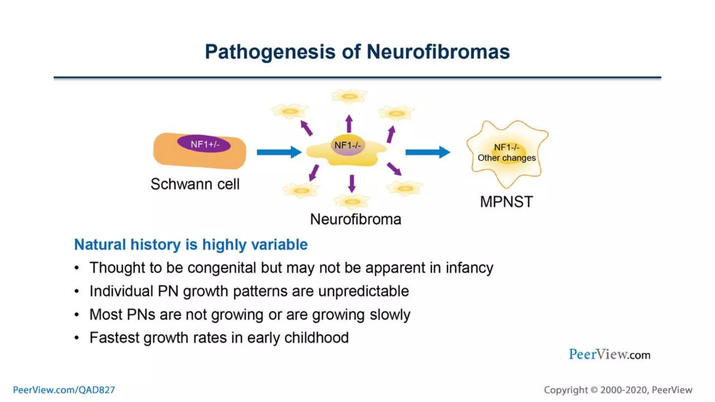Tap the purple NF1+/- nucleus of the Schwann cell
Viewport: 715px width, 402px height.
tap(204, 144)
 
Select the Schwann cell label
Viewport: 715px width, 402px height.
tap(195, 184)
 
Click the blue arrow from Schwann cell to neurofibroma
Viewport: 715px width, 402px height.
tap(279, 152)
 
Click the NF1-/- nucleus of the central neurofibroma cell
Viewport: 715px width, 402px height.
tap(347, 145)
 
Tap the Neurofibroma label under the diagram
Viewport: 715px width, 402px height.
tap(355, 219)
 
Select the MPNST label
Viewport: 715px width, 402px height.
tap(506, 202)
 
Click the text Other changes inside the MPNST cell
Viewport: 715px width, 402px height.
tap(507, 158)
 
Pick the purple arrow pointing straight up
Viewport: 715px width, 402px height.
tap(349, 123)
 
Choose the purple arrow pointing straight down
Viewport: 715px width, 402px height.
tap(352, 183)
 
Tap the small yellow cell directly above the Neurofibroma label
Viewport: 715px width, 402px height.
tap(352, 201)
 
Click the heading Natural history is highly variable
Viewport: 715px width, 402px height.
tap(191, 245)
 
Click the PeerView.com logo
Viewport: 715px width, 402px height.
tap(609, 355)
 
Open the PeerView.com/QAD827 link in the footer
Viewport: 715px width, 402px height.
tap(64, 390)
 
